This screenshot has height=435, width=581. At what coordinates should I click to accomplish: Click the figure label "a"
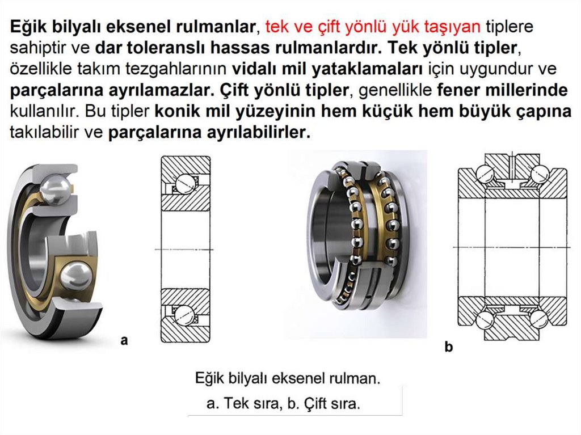(124, 340)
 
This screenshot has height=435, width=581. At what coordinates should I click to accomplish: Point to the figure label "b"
(449, 347)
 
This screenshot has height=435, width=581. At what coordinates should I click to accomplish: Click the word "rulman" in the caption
(353, 379)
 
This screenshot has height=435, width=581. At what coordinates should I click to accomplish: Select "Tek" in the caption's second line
(237, 403)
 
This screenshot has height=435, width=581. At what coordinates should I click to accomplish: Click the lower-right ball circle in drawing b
(539, 319)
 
